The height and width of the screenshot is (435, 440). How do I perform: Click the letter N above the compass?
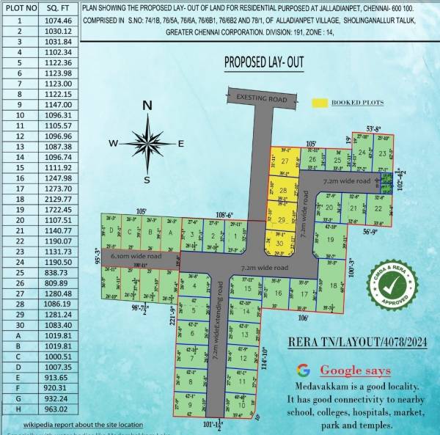[x=147, y=106]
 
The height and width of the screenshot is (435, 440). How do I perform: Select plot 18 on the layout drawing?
[x=333, y=285]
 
